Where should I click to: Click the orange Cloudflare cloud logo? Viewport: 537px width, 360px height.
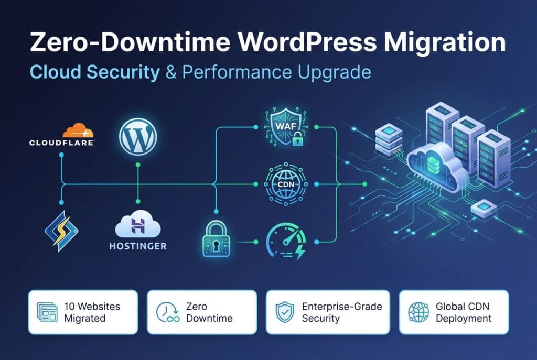[x=78, y=130]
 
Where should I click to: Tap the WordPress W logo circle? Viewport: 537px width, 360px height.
[x=138, y=137]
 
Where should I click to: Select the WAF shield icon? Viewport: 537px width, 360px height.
[x=286, y=127]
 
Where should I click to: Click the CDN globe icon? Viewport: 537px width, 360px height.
[x=286, y=184]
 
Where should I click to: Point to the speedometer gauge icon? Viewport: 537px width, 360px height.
[x=286, y=241]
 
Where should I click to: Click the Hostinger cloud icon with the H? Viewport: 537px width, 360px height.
[x=138, y=224]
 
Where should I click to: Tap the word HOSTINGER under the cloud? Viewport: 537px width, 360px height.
[x=138, y=246]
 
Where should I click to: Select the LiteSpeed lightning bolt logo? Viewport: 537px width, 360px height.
[x=62, y=231]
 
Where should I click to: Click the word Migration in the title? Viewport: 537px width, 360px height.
[x=444, y=42]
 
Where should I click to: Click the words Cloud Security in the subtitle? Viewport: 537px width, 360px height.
[x=95, y=72]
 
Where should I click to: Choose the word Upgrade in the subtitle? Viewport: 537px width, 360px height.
[x=334, y=72]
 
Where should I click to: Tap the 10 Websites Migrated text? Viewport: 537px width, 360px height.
[x=92, y=312]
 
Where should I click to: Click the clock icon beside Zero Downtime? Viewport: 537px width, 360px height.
[x=168, y=312]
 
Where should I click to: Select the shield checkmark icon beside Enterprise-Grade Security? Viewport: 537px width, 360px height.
[x=285, y=312]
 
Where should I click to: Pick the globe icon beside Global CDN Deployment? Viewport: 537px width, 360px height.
[x=418, y=312]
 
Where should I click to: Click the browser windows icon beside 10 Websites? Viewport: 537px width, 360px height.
[x=47, y=312]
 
